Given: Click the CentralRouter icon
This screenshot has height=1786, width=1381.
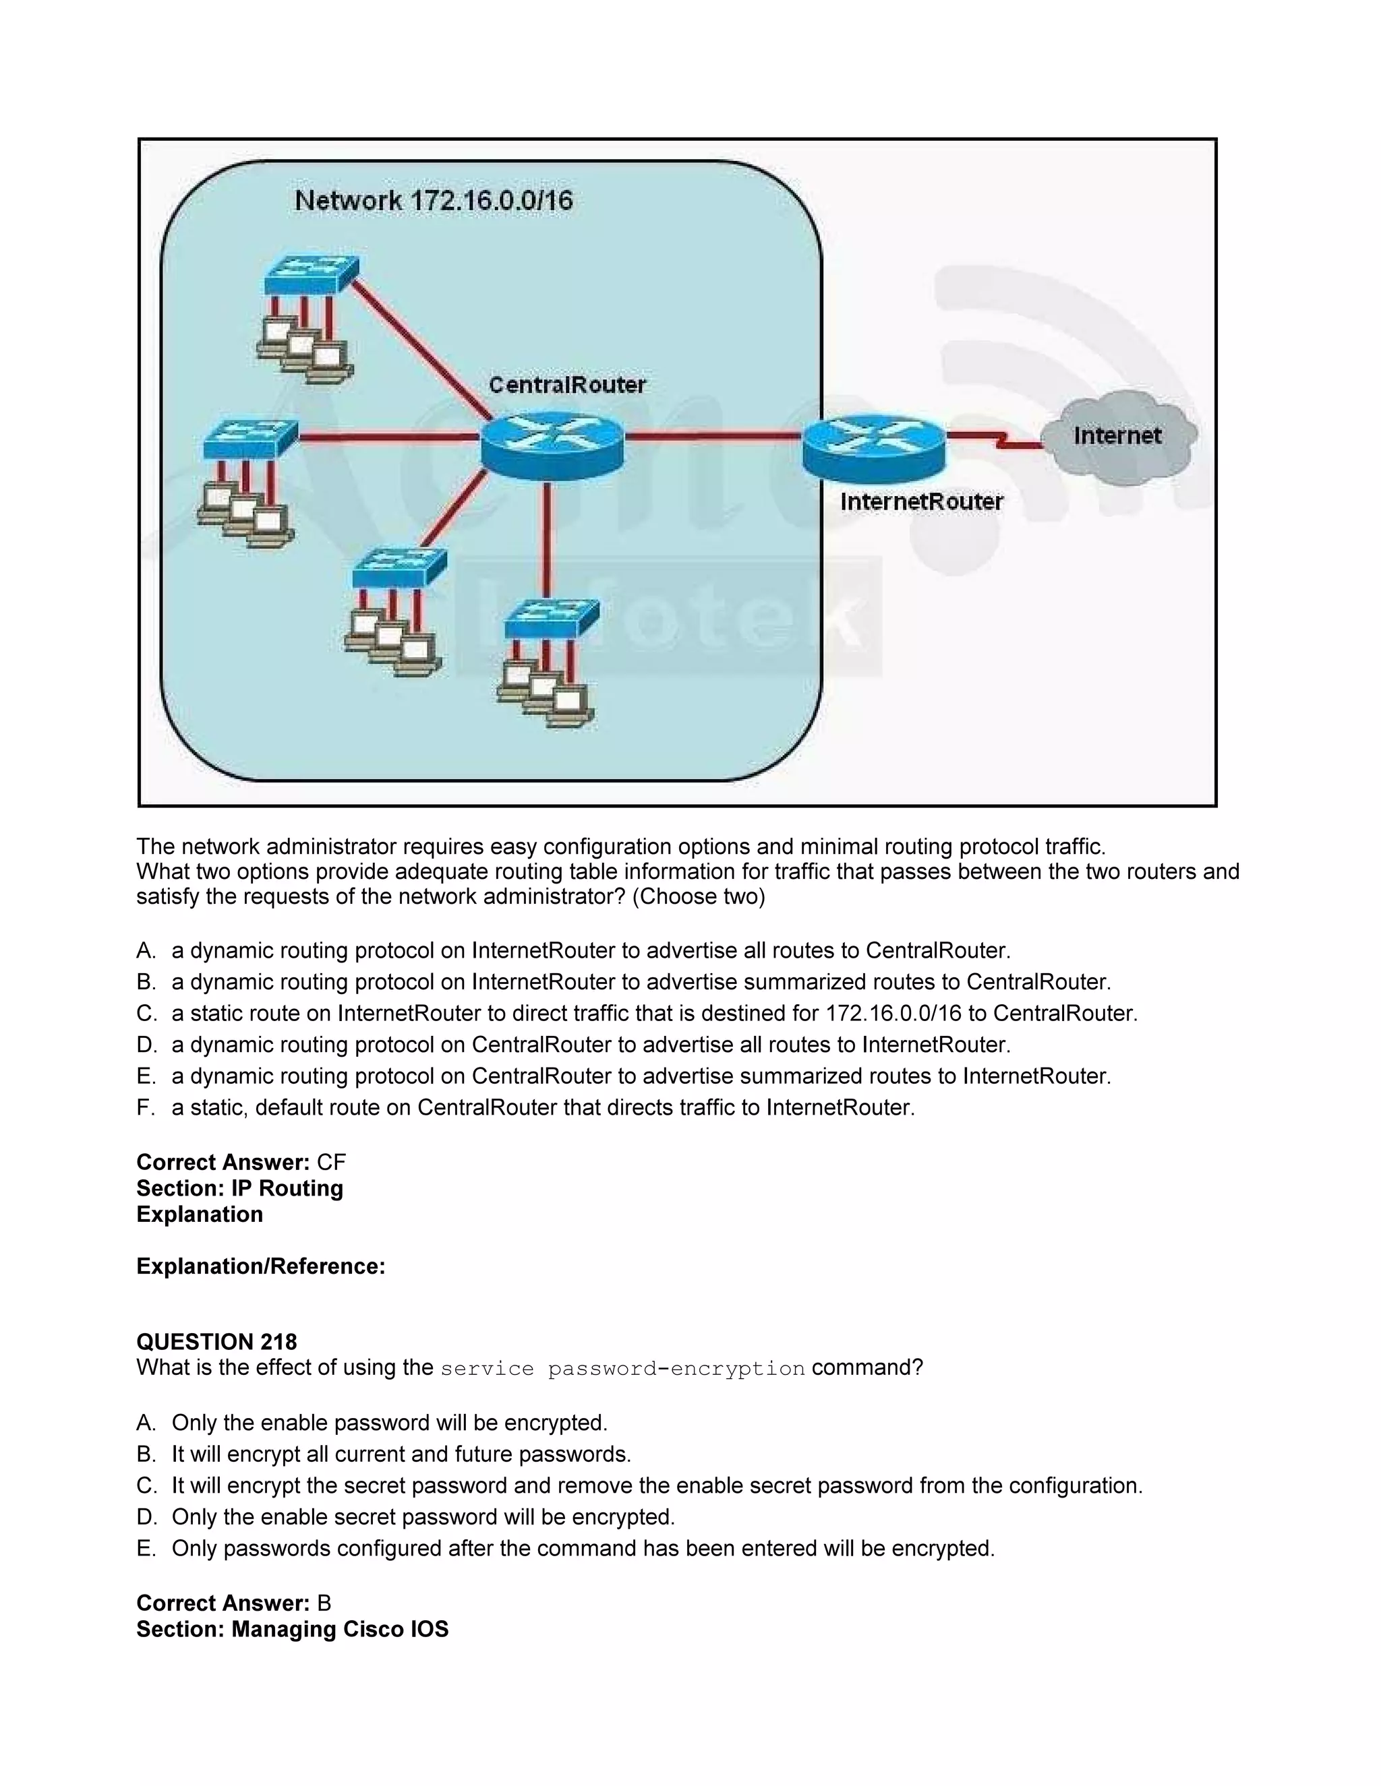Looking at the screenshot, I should pos(552,442).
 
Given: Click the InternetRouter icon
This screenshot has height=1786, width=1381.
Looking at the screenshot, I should pos(873,445).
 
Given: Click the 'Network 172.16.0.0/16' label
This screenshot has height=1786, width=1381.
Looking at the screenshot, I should pos(434,200).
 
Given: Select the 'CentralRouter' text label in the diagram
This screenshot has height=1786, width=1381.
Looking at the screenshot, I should pos(567,384).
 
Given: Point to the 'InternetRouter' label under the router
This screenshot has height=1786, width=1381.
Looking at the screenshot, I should pos(921,501).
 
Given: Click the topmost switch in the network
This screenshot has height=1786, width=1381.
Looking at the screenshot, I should pos(312,274).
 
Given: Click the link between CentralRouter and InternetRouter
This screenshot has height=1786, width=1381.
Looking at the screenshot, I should pos(712,437).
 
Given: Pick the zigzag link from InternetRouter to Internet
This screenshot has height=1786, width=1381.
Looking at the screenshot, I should pos(993,439).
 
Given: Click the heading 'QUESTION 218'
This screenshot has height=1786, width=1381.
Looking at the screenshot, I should pos(217,1342).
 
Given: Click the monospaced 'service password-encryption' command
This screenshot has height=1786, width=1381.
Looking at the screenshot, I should pos(622,1369).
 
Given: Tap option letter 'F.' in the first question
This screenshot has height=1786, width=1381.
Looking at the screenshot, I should pos(146,1107).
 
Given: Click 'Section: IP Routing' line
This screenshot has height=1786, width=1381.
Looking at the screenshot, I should pos(239,1188).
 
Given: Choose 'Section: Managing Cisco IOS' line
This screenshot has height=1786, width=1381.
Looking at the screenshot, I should pos(292,1629).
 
